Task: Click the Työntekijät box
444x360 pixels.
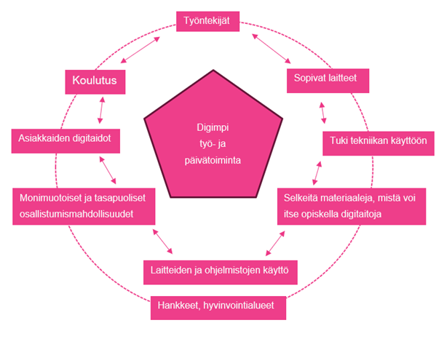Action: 208,22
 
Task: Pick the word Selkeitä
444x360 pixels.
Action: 301,197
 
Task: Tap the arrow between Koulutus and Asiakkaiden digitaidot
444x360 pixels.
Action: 101,110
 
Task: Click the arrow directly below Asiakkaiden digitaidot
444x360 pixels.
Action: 108,169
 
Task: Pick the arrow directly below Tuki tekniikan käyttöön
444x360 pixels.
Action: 317,172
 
